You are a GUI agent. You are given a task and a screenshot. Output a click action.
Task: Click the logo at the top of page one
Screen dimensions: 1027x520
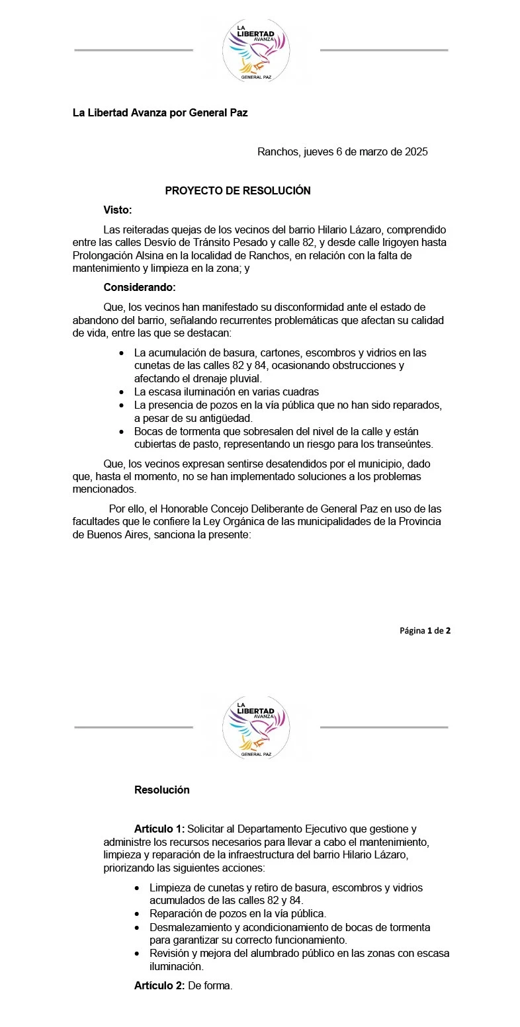click(257, 50)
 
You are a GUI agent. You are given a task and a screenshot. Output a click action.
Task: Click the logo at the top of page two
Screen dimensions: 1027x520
click(257, 727)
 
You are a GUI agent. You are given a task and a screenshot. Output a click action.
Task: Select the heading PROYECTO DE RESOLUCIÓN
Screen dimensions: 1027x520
click(238, 190)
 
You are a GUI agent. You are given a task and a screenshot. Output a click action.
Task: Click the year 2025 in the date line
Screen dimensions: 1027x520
click(415, 151)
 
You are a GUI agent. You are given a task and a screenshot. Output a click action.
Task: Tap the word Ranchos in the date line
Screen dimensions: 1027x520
click(278, 151)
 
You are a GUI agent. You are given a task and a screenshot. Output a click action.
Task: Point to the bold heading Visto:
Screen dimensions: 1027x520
click(118, 210)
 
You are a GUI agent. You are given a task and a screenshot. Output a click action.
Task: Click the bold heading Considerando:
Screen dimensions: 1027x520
click(140, 287)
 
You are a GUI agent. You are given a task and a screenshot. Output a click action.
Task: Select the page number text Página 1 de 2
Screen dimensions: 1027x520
click(425, 630)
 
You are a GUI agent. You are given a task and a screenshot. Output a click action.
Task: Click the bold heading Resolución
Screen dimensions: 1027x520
click(162, 790)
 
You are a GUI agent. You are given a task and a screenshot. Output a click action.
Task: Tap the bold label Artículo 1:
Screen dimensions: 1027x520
click(159, 829)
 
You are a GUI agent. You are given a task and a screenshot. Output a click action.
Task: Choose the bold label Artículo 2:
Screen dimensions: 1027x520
click(159, 986)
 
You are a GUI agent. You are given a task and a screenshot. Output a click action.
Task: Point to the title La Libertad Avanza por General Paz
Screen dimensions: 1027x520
click(160, 112)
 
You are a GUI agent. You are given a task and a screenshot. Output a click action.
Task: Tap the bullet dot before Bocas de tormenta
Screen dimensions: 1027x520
click(121, 431)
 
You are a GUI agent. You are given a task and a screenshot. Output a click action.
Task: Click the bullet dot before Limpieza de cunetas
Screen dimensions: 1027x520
click(137, 888)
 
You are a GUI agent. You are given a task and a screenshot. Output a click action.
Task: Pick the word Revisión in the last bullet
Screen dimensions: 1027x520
click(170, 953)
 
